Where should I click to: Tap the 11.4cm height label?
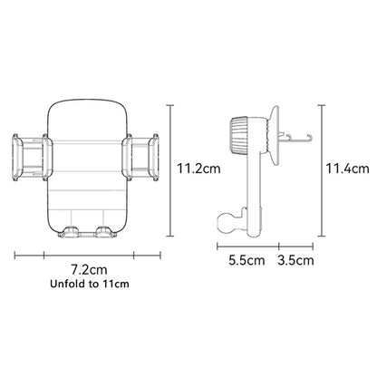point(347,168)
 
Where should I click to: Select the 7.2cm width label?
point(89,269)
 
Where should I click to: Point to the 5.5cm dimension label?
point(246,261)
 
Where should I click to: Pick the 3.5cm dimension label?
point(295,261)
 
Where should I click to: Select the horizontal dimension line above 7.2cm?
point(89,254)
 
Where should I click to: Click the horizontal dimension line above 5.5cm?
point(246,244)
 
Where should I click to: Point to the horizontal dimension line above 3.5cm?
point(296,244)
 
